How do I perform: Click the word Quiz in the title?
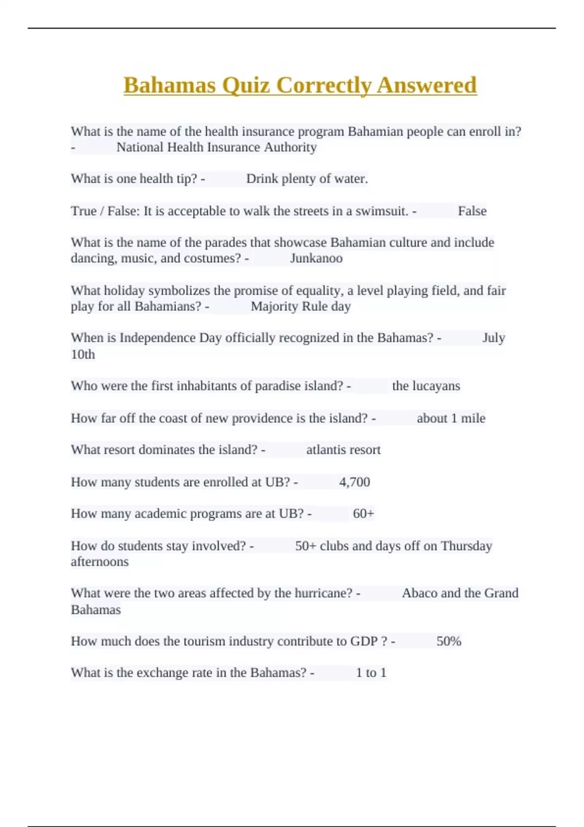coord(246,85)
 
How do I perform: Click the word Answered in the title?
coord(426,85)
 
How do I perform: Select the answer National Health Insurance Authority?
coord(217,147)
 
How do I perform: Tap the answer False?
coord(472,211)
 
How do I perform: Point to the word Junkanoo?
coord(316,258)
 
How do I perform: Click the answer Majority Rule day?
coord(301,306)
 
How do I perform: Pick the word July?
coord(493,338)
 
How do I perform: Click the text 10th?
coord(83,354)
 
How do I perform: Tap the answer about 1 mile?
coord(451,418)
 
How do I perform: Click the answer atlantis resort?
coord(343,449)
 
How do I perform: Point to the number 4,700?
coord(354,482)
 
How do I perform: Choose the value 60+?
coord(364,513)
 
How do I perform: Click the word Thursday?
coord(466,546)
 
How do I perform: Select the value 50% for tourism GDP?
coord(449,641)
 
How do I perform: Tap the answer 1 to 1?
coord(371,672)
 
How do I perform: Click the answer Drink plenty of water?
coord(307,179)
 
